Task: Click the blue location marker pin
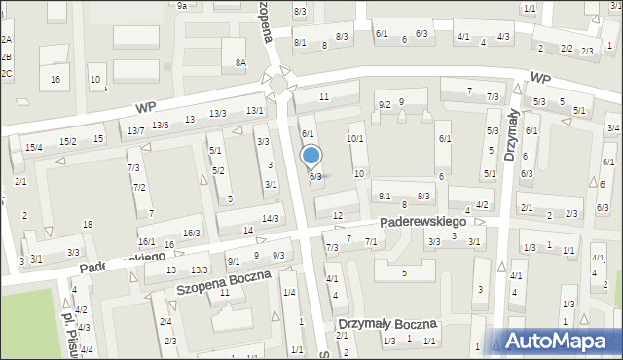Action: click(311, 156)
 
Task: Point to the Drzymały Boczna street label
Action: click(386, 323)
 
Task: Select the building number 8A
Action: click(240, 63)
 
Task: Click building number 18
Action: click(87, 225)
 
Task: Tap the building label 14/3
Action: click(271, 219)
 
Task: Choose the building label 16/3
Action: click(192, 233)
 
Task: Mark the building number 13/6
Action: click(161, 125)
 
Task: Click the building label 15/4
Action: click(34, 147)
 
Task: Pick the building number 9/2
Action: click(385, 105)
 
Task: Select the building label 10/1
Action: click(355, 140)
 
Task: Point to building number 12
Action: click(338, 215)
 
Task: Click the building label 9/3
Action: click(278, 256)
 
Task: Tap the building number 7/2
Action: click(139, 187)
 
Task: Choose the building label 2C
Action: click(7, 73)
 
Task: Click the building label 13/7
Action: click(136, 131)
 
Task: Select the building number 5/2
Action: click(218, 171)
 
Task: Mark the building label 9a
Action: click(182, 5)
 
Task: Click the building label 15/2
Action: click(68, 142)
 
